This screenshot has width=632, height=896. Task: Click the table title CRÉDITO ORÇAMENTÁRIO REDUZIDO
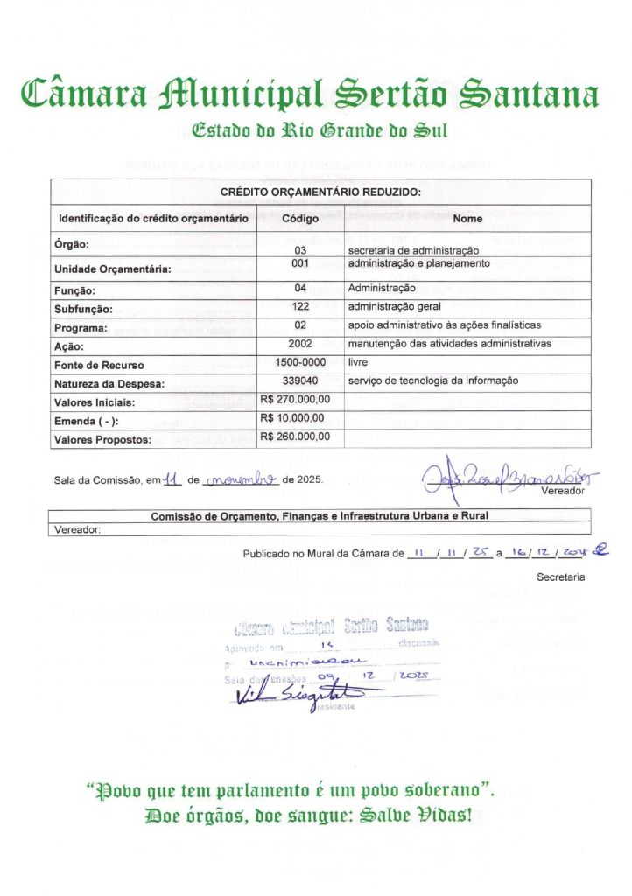pos(320,191)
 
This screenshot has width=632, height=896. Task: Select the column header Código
pos(300,218)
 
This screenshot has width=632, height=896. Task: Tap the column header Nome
pos(467,218)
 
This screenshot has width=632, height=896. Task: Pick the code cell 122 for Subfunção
pos(300,306)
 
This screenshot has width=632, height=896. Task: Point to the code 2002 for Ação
pos(300,344)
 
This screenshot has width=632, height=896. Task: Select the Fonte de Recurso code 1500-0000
pos(300,361)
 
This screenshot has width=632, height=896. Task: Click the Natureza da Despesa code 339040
pos(300,381)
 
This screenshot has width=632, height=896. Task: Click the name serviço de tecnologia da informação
pos(432,381)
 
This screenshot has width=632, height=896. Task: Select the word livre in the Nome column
pos(358,361)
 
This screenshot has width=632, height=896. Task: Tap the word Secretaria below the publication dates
pos(561,577)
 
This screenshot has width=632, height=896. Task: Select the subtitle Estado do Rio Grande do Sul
pos(319,131)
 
